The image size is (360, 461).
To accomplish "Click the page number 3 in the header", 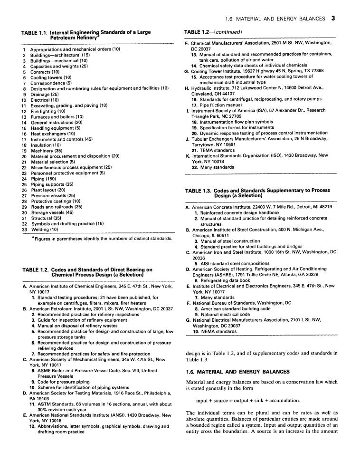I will click(x=334, y=19).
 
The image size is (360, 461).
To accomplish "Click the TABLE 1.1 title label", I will click(x=36, y=32).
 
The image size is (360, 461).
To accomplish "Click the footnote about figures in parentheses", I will click(x=97, y=238).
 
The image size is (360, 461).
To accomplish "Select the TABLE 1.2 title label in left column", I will click(x=36, y=269).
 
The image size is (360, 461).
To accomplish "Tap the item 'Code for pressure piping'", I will click(x=65, y=382).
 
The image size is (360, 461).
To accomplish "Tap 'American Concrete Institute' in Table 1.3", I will click(x=223, y=207).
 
